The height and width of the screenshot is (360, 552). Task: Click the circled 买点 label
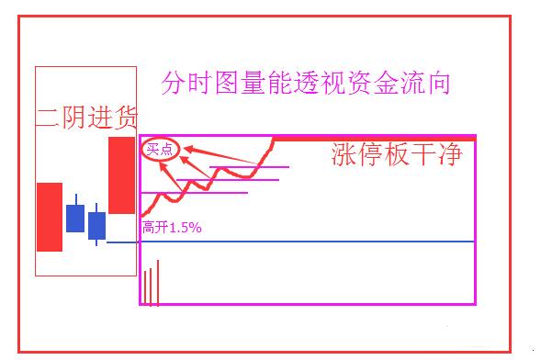pyautogui.click(x=160, y=149)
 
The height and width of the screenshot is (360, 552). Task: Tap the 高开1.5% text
pyautogui.click(x=172, y=226)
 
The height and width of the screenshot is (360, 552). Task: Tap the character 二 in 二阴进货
pyautogui.click(x=48, y=117)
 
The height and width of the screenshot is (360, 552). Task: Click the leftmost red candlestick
pyautogui.click(x=49, y=216)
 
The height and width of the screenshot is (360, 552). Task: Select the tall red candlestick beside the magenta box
pyautogui.click(x=121, y=174)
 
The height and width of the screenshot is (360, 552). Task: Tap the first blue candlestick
pyautogui.click(x=75, y=218)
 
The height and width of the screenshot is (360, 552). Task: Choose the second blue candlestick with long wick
pyautogui.click(x=96, y=225)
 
